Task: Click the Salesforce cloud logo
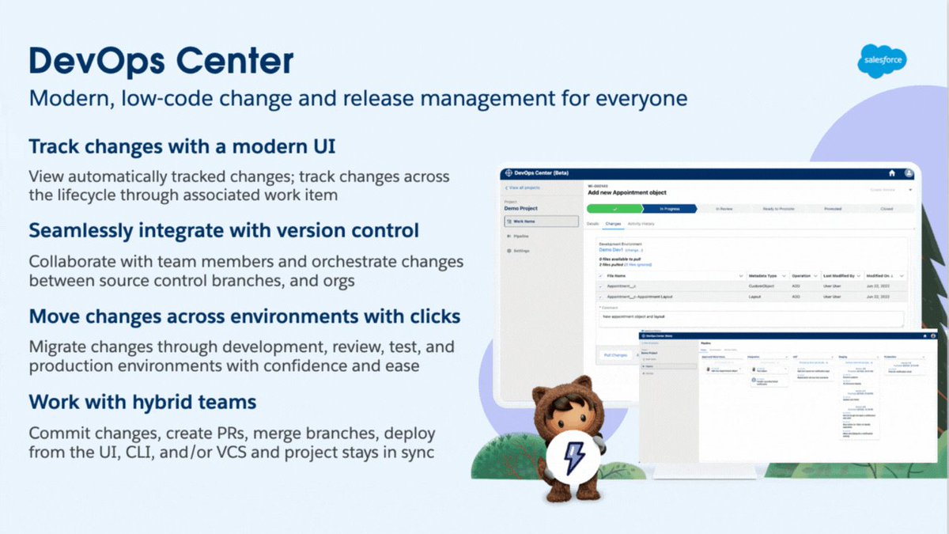(882, 61)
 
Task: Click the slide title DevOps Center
(161, 61)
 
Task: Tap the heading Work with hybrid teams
(142, 401)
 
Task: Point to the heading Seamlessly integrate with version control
(224, 231)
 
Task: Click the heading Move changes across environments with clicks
(244, 316)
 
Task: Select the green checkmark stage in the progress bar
(614, 209)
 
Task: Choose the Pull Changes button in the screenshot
(615, 355)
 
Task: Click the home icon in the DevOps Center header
(892, 172)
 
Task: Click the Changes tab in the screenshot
(613, 225)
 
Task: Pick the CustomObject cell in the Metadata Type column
(763, 286)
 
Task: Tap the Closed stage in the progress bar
(886, 209)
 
